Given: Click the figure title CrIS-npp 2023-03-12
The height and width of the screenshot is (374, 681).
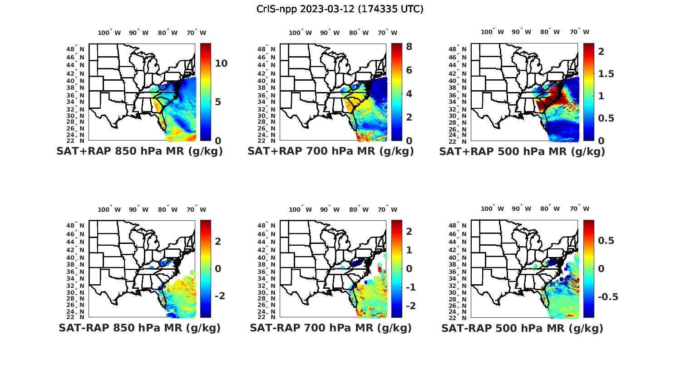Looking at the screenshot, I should pyautogui.click(x=340, y=9).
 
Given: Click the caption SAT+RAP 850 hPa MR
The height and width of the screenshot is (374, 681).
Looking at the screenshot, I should pyautogui.click(x=139, y=151).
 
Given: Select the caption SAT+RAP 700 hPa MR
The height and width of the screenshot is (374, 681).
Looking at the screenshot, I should pyautogui.click(x=331, y=151).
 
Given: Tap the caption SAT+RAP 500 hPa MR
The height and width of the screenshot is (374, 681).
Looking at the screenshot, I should pyautogui.click(x=522, y=151).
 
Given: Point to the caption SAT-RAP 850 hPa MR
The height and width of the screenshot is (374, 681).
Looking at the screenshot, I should pyautogui.click(x=139, y=328).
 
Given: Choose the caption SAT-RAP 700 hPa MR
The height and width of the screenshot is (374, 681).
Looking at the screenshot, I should pyautogui.click(x=331, y=328).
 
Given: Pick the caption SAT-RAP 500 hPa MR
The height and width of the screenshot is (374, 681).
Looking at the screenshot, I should pyautogui.click(x=522, y=328).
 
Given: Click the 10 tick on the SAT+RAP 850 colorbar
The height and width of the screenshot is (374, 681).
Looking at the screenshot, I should pyautogui.click(x=221, y=63).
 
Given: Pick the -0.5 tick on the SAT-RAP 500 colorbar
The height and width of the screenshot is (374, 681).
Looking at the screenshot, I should pyautogui.click(x=607, y=297).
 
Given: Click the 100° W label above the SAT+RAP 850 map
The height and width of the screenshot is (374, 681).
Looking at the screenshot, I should pyautogui.click(x=109, y=33).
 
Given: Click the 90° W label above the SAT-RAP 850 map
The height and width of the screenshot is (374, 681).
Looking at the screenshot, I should pyautogui.click(x=138, y=209).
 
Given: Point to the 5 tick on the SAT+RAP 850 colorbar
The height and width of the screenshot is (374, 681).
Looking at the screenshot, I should pyautogui.click(x=218, y=102).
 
